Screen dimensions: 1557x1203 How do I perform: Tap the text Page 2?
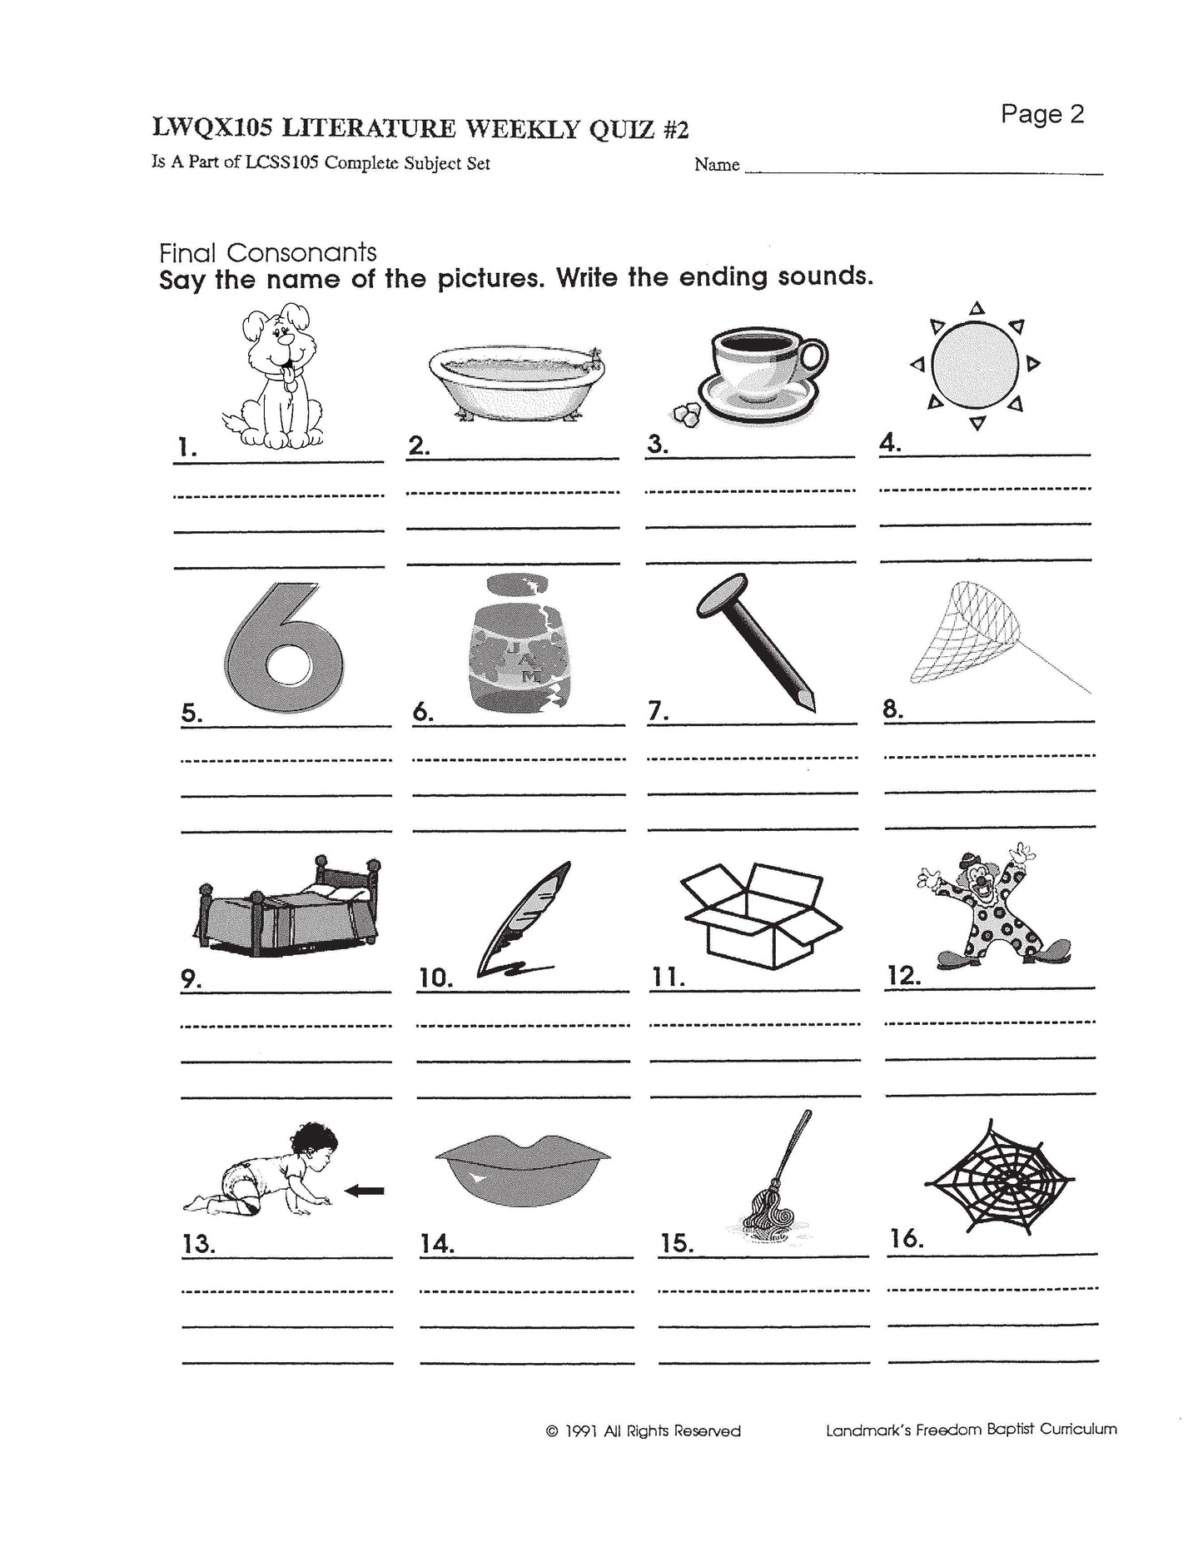pos(1042,114)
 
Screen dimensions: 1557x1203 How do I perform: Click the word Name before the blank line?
pos(717,165)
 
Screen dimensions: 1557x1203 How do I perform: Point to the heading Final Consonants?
pos(267,252)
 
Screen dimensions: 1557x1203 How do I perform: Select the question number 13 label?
pos(199,1244)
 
